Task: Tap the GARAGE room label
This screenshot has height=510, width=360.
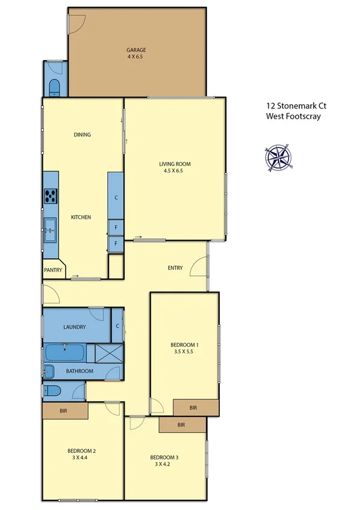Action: [136, 50]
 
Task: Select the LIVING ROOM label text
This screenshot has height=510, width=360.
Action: [175, 164]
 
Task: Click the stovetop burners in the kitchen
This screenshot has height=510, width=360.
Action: [51, 196]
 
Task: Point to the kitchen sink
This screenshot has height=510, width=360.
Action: [50, 229]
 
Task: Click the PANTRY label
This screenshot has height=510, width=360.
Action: [53, 270]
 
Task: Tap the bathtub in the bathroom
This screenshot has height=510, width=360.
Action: [64, 352]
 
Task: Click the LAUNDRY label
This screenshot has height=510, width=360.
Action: [75, 327]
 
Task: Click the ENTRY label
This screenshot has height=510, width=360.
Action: [175, 268]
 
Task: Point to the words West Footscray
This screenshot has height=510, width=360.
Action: [293, 117]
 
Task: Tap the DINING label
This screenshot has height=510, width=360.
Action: [82, 135]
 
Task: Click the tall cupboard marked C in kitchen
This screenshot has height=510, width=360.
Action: [116, 196]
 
